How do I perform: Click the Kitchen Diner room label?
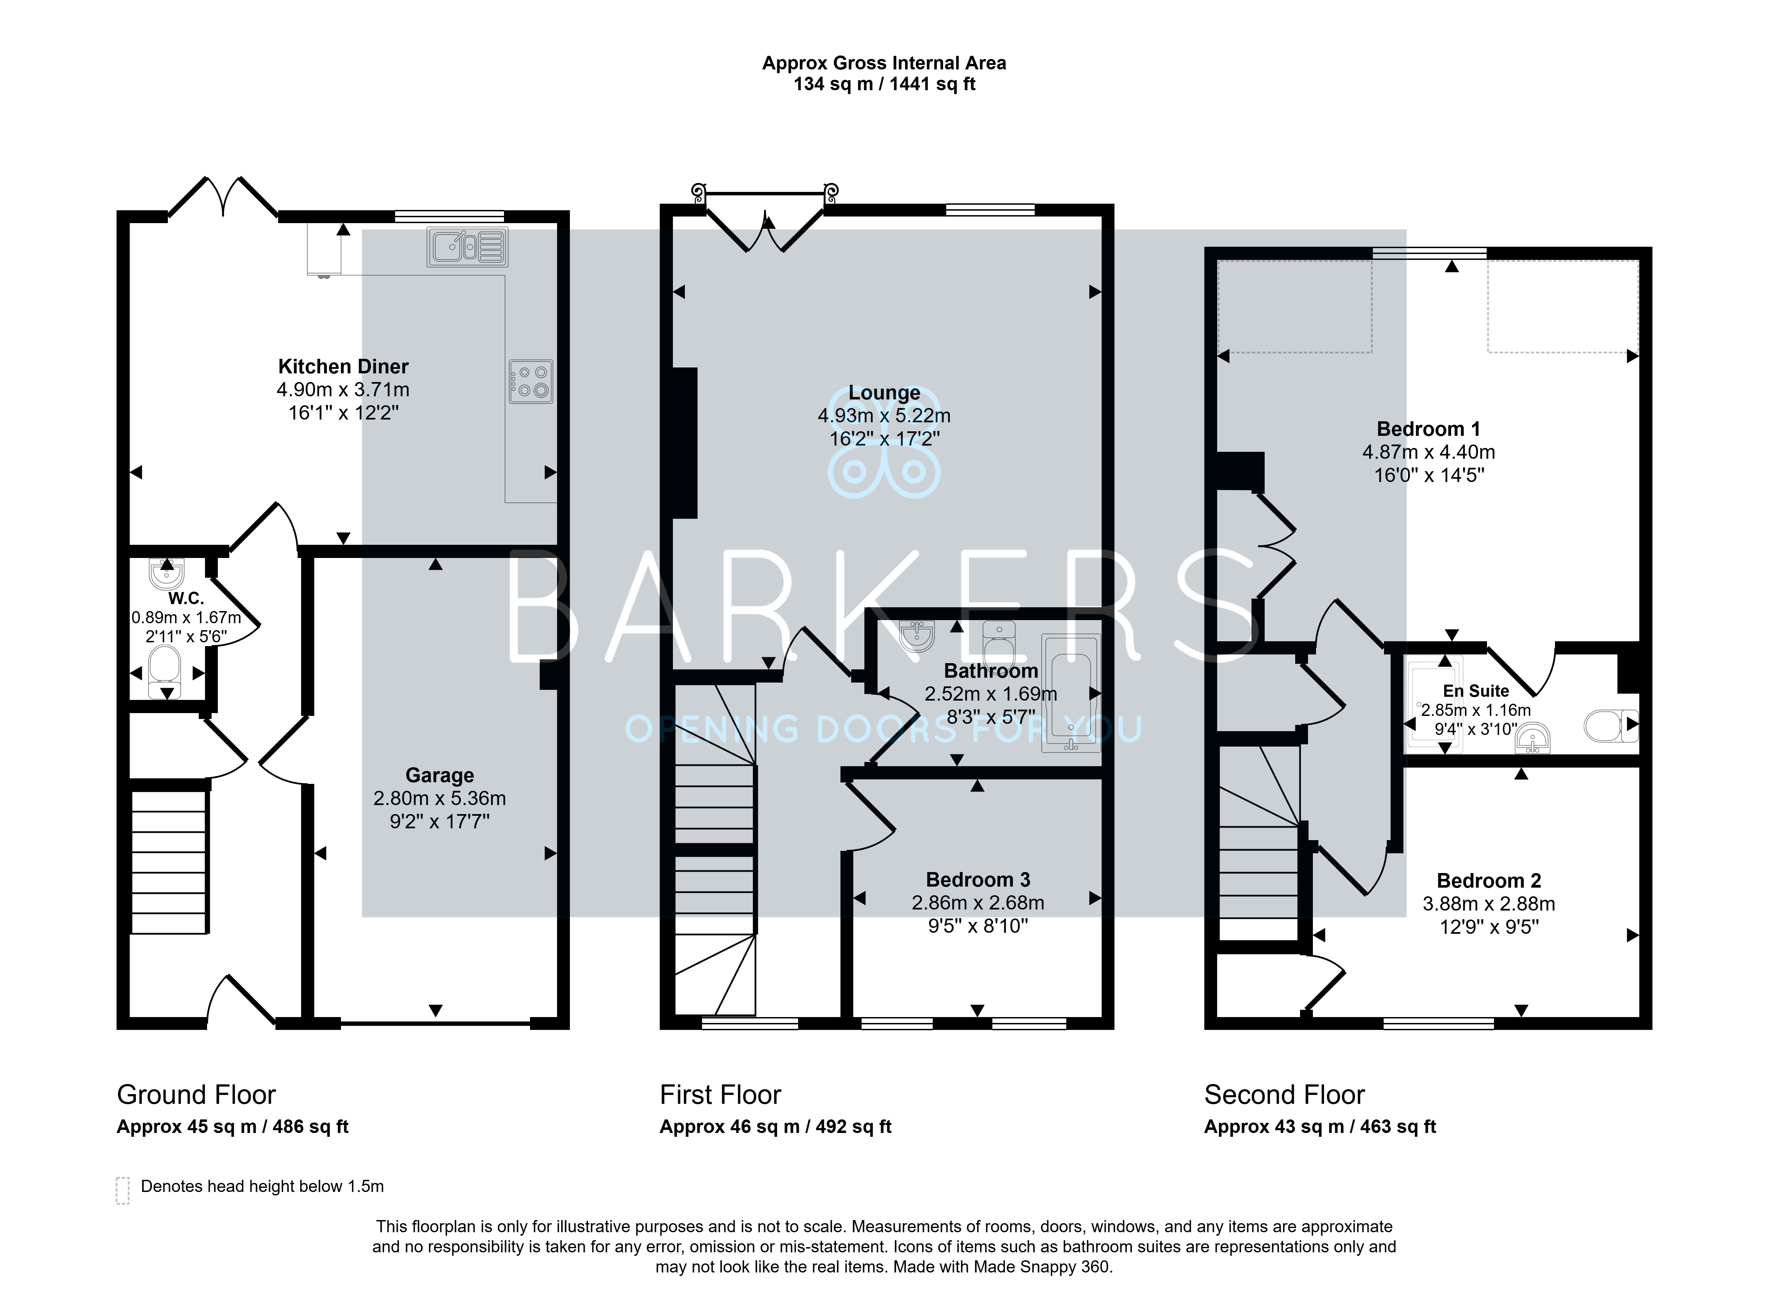[343, 367]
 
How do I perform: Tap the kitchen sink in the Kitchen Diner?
[468, 247]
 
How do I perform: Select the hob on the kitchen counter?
[531, 382]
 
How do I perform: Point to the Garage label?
[440, 775]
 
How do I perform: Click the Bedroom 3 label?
[977, 879]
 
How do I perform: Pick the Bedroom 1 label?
[1428, 429]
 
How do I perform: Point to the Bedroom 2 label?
[1488, 880]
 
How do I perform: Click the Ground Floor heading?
[196, 1095]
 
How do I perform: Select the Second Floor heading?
[1284, 1095]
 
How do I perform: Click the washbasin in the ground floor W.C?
[165, 573]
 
